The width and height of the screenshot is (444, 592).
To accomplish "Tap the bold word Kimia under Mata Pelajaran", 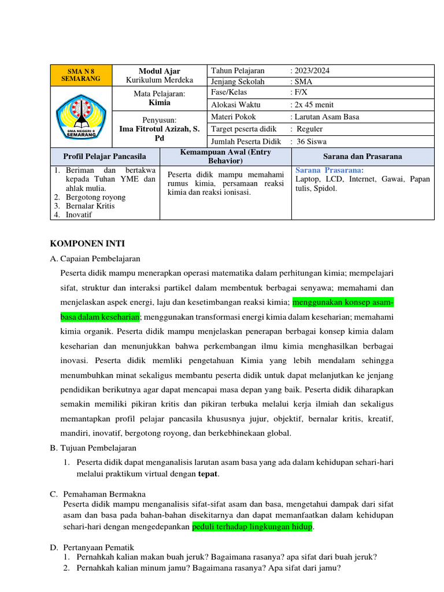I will [160, 102].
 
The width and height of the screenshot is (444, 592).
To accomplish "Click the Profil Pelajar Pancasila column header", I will [105, 156].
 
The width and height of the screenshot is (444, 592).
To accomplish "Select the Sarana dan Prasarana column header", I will [362, 156].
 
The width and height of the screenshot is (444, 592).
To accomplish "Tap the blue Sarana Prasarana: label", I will [330, 171].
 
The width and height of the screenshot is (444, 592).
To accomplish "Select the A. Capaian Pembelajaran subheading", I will [95, 258].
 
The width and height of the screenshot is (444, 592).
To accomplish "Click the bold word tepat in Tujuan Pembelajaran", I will [208, 474].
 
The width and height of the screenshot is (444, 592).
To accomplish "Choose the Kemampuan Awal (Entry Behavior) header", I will [225, 156].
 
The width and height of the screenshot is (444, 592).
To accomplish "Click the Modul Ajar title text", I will [160, 71].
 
